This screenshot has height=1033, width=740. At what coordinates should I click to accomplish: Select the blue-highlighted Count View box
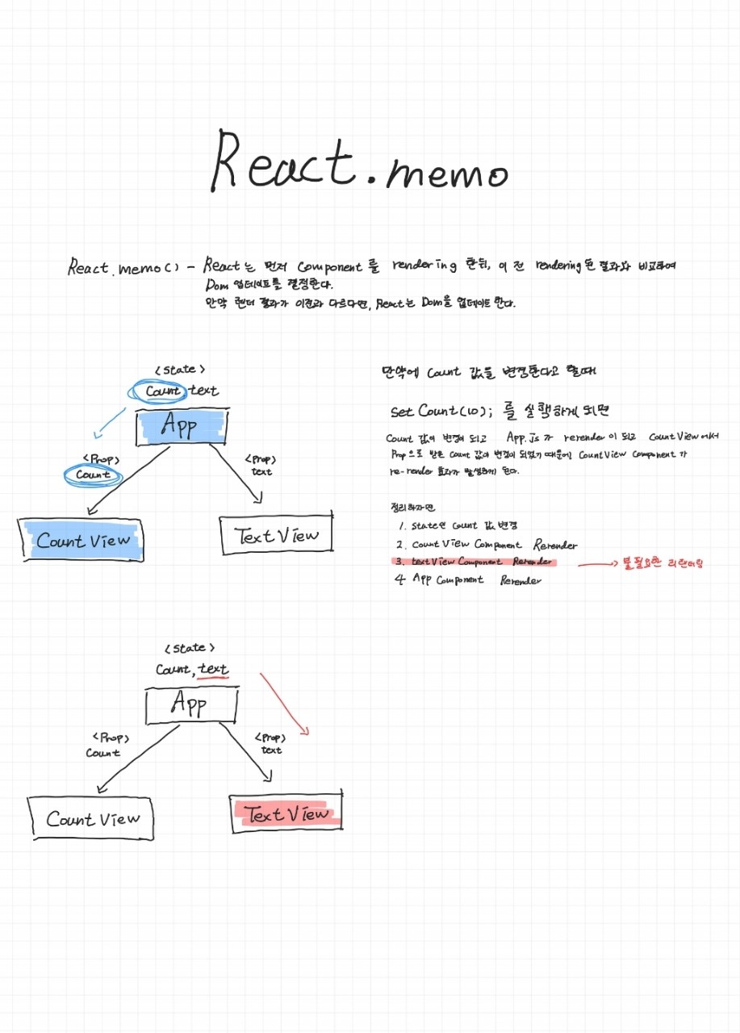[x=83, y=540]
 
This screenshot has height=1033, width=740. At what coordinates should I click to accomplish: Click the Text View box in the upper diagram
[x=276, y=534]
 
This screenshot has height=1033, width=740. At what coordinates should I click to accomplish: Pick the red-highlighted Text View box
[x=286, y=813]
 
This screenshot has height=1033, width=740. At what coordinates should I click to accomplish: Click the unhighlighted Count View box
[x=91, y=819]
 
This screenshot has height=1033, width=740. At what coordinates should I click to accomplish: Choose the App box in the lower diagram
[x=190, y=705]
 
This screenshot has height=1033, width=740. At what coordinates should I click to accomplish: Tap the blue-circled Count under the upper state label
[x=163, y=391]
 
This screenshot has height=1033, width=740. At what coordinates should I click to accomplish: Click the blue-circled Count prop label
[x=92, y=475]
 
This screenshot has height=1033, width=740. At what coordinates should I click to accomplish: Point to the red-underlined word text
[x=214, y=669]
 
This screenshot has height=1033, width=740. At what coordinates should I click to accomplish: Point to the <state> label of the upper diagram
[x=179, y=370]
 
